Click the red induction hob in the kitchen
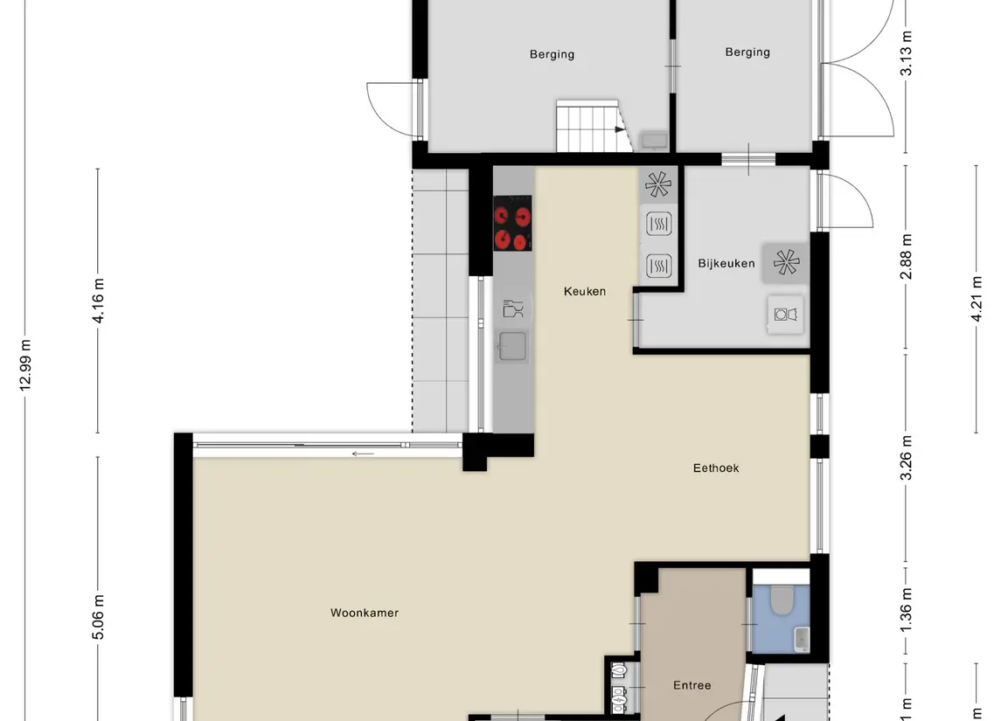click(x=512, y=224)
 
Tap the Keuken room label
click(x=585, y=291)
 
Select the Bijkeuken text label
click(x=726, y=263)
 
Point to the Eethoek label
click(x=716, y=468)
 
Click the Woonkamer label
click(x=365, y=613)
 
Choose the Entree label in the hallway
click(x=692, y=685)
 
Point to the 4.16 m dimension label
click(x=98, y=301)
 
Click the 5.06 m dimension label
click(x=98, y=617)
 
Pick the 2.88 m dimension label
click(x=907, y=256)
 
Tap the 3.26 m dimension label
click(x=907, y=458)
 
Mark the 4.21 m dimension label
click(x=977, y=299)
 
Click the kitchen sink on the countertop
click(x=512, y=346)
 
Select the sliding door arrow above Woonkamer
click(x=363, y=453)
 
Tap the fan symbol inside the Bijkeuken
click(x=785, y=262)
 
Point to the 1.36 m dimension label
click(x=907, y=610)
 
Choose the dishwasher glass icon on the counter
click(x=512, y=308)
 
